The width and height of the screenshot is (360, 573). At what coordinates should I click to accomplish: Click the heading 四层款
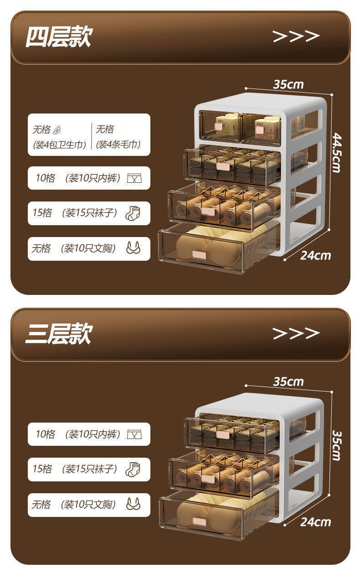(58, 37)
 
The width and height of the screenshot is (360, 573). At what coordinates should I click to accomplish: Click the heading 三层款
(58, 334)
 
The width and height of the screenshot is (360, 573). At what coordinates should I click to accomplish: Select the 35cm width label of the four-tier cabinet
(288, 84)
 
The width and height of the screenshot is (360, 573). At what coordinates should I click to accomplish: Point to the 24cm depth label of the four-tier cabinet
(315, 255)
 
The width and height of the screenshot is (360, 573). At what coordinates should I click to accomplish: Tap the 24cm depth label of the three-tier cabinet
(315, 521)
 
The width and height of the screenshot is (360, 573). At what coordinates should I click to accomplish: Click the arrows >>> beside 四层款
(296, 36)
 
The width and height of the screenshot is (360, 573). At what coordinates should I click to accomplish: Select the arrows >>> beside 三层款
(296, 333)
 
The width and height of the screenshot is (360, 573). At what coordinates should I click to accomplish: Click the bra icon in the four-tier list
(134, 248)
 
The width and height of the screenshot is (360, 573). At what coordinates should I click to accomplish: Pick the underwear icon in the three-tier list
(134, 434)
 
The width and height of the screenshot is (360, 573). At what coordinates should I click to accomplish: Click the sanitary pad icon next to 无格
(57, 130)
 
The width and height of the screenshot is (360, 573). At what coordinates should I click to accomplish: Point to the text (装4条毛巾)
(118, 145)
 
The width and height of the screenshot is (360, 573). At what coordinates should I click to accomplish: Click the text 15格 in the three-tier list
(42, 469)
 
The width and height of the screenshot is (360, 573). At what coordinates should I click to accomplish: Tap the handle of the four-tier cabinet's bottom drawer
(199, 255)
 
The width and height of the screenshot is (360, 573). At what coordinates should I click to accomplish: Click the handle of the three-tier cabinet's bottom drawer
(199, 521)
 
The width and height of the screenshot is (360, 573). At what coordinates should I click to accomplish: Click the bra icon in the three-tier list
(134, 504)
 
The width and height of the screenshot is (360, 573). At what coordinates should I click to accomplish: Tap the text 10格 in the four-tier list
(45, 178)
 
